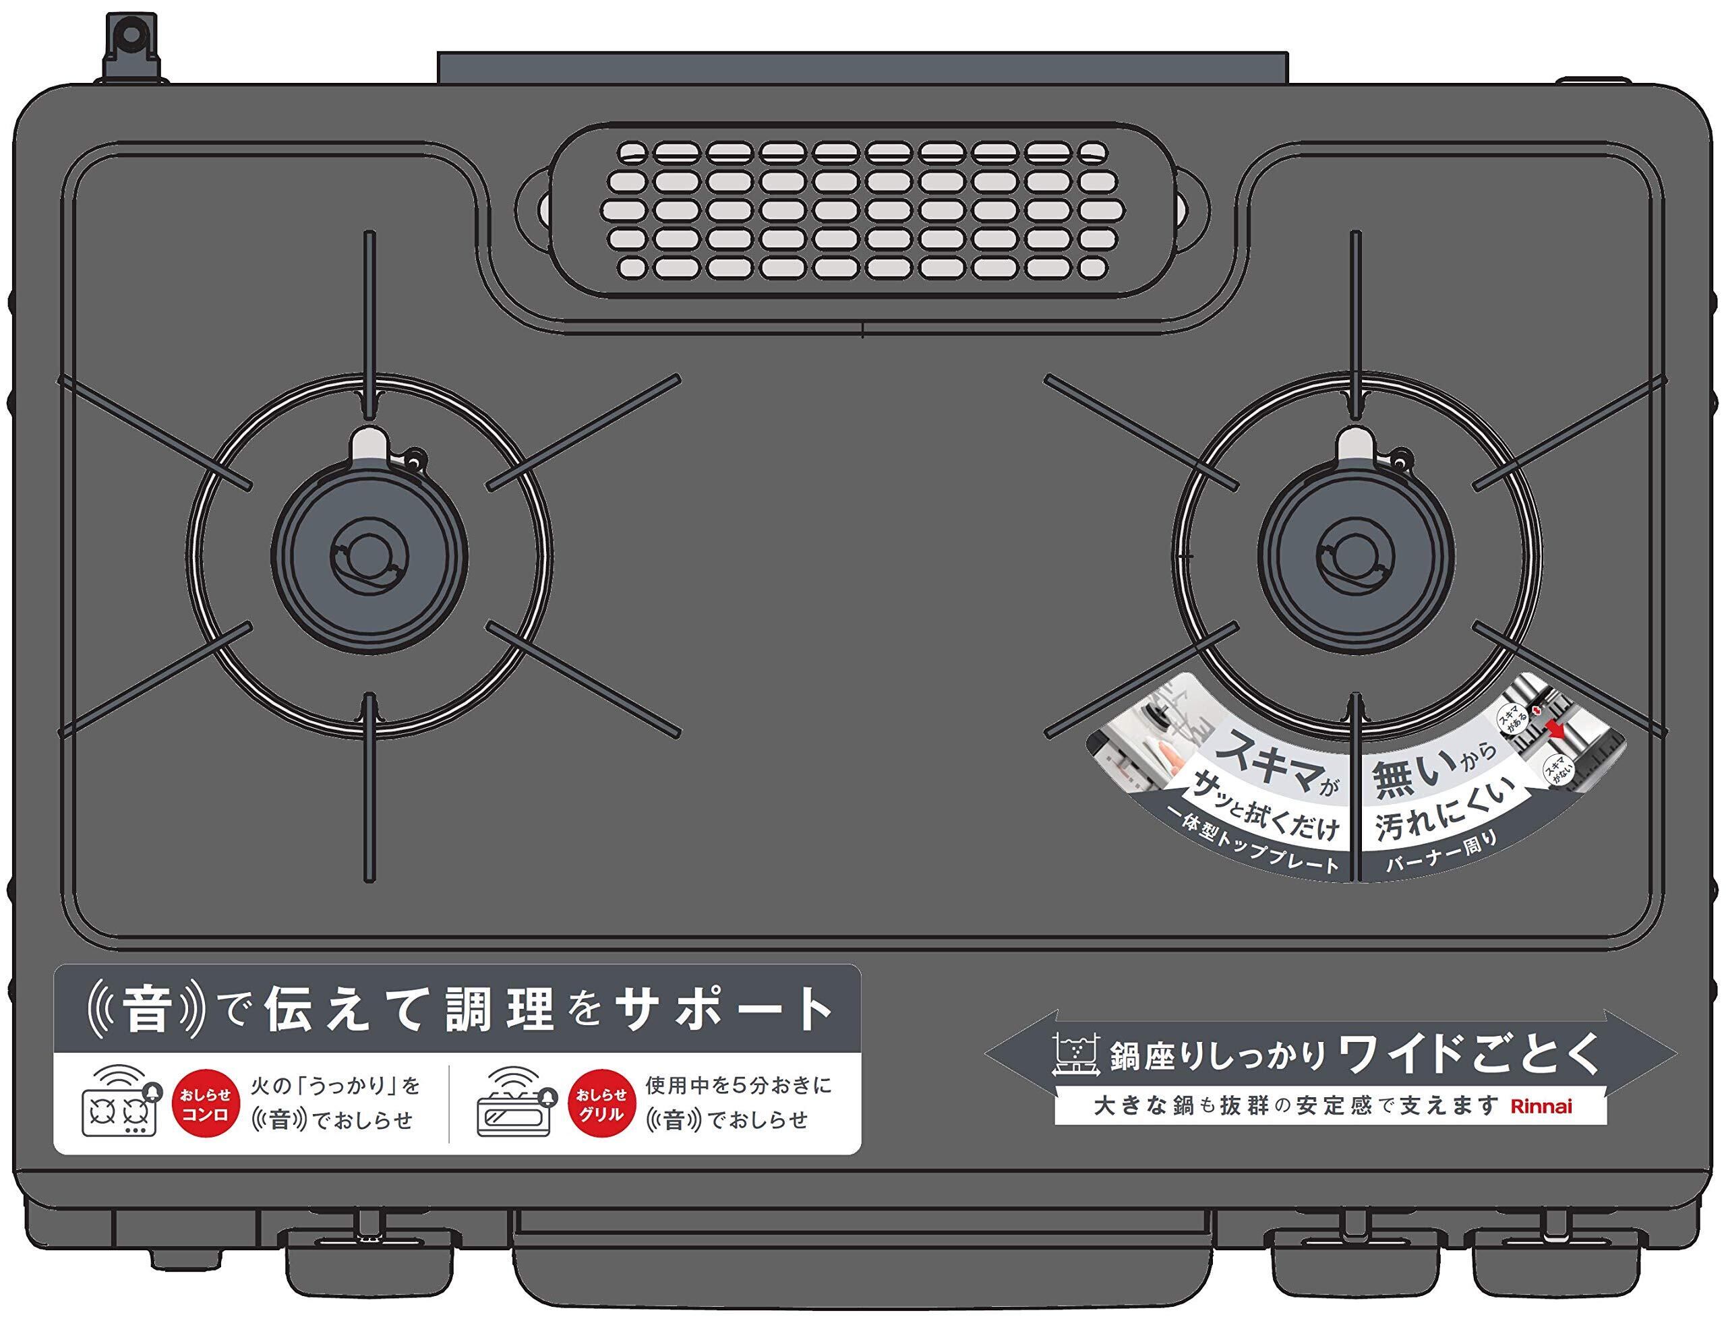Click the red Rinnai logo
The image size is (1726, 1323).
coord(1540,1107)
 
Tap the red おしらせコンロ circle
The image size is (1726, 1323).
coord(205,1104)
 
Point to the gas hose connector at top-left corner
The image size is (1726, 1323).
coord(131,47)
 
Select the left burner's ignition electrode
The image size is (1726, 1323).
coord(369,447)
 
